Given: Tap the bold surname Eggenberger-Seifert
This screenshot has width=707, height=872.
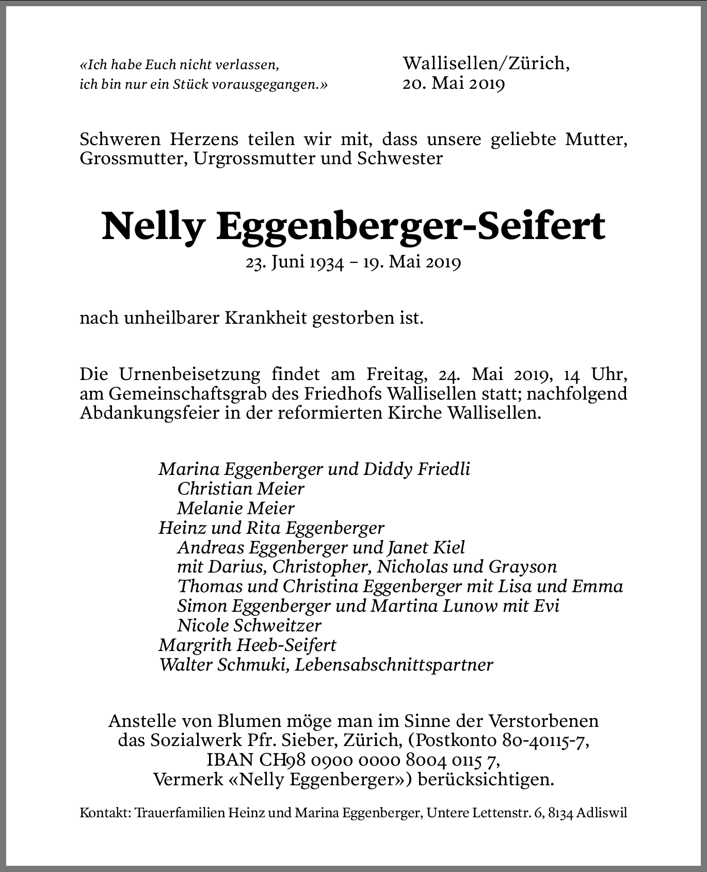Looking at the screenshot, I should tap(411, 226).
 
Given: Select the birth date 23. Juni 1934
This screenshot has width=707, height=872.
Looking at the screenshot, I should tap(295, 263).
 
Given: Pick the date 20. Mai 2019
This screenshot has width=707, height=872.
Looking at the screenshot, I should tap(453, 83).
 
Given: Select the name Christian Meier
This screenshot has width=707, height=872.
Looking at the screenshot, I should tap(240, 488).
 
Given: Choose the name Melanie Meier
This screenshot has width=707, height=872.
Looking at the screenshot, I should tap(235, 508).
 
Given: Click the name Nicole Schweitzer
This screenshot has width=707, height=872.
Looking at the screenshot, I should tap(249, 625).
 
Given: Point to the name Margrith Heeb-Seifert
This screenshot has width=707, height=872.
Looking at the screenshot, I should tap(247, 645).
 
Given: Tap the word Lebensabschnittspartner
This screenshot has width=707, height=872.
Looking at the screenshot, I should tap(394, 664).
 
